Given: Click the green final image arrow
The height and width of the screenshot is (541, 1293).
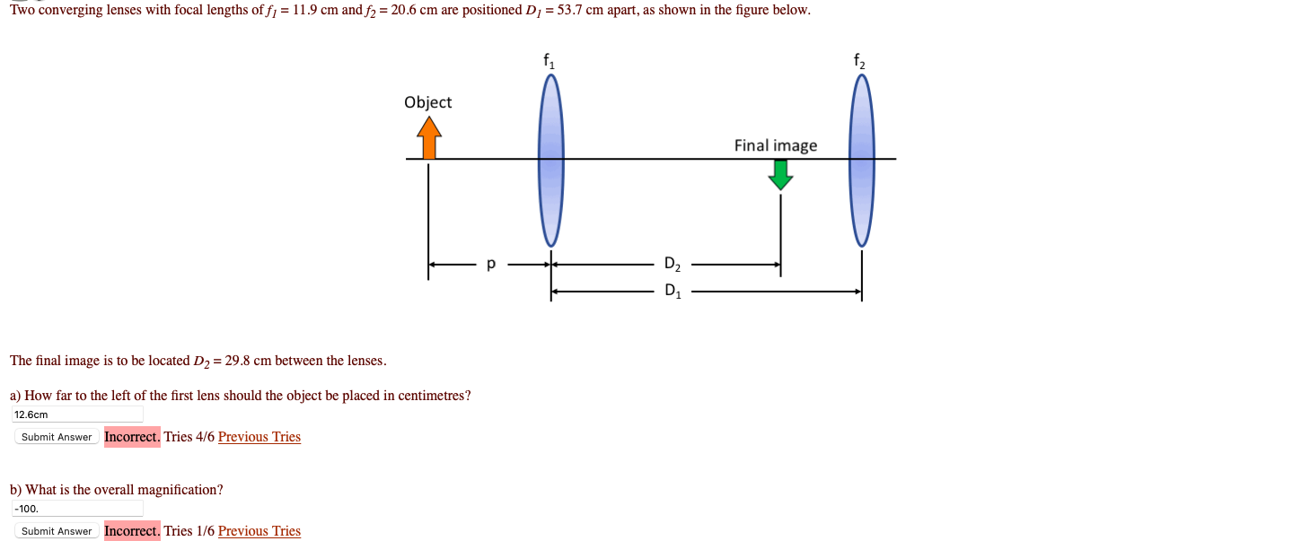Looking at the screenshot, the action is (x=780, y=174).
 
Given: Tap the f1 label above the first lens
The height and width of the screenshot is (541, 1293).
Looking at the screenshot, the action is (x=550, y=61).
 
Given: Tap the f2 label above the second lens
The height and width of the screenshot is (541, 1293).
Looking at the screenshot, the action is (x=860, y=61).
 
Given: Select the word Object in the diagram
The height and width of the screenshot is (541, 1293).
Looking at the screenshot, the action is (x=427, y=102).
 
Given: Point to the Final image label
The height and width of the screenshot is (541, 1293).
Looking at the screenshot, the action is (x=776, y=145).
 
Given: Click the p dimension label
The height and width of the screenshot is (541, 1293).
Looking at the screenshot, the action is (x=490, y=265).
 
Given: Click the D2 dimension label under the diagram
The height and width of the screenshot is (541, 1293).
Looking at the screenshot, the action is (x=673, y=265).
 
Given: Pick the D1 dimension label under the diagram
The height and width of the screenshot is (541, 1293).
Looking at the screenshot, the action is (x=673, y=291).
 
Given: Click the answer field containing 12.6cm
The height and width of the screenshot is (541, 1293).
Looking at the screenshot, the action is (x=77, y=414).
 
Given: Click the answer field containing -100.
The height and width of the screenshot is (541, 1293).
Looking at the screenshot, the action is (x=77, y=509).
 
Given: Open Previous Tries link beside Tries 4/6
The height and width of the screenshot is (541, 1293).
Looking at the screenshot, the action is (x=259, y=437).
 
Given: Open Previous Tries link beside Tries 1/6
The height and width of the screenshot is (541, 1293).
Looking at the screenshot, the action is (x=259, y=531).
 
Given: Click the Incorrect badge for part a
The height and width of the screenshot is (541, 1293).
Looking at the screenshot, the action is (x=132, y=437).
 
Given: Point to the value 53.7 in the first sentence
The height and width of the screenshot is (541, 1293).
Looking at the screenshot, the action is (x=570, y=10).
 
